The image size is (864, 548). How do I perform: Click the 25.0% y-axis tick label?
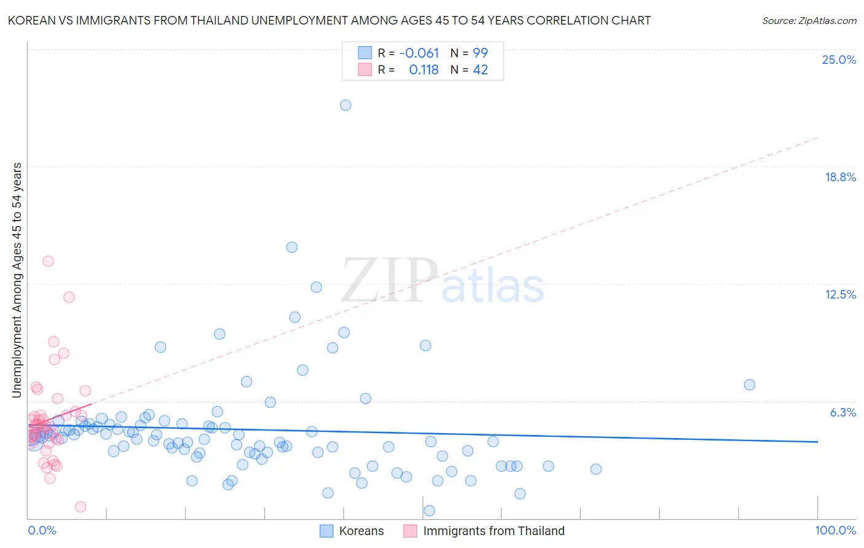point(839,60)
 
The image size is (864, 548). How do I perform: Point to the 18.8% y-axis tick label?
point(840,177)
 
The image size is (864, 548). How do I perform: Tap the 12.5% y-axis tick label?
point(840,294)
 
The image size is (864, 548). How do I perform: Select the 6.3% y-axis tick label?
point(842,412)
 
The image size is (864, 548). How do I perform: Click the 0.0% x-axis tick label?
point(42,530)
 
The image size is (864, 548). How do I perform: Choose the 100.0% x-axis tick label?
point(835,530)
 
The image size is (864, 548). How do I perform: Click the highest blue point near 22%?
point(345,105)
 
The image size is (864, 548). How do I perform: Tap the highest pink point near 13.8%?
point(48,261)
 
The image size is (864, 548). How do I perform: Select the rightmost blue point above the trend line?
point(749,385)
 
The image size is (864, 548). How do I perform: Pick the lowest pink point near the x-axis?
point(81,507)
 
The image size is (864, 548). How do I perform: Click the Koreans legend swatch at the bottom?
point(326,531)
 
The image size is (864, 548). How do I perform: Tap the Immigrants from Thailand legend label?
point(493,531)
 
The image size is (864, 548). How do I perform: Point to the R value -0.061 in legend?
point(419,53)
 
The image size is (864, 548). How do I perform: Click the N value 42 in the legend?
point(480,70)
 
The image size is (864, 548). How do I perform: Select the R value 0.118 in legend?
point(423,70)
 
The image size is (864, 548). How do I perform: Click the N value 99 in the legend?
point(480,53)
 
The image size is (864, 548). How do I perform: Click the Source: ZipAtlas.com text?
point(809,21)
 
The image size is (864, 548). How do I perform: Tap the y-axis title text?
point(17,280)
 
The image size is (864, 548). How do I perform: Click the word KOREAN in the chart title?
point(29,21)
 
